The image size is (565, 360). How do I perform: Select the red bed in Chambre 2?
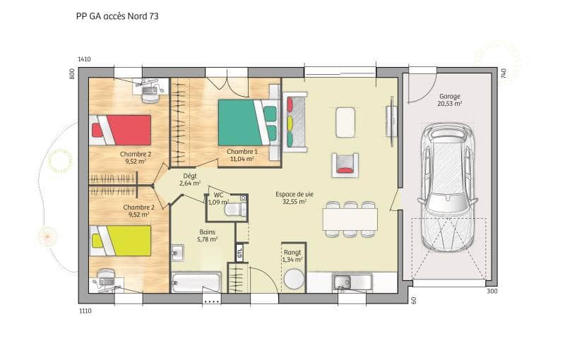tap(121, 129)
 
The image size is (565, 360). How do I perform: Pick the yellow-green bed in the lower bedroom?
tap(121, 240)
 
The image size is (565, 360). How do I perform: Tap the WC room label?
tap(218, 194)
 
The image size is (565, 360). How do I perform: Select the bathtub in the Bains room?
tap(196, 283)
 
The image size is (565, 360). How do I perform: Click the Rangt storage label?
tap(292, 252)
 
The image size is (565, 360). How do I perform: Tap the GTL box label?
tap(240, 253)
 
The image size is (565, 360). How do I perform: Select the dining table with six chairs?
tap(350, 219)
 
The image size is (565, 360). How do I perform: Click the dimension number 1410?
tap(84, 60)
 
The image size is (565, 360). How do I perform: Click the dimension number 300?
tap(492, 291)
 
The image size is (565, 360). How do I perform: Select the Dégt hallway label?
tap(189, 176)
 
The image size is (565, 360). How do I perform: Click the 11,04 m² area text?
tap(242, 160)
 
